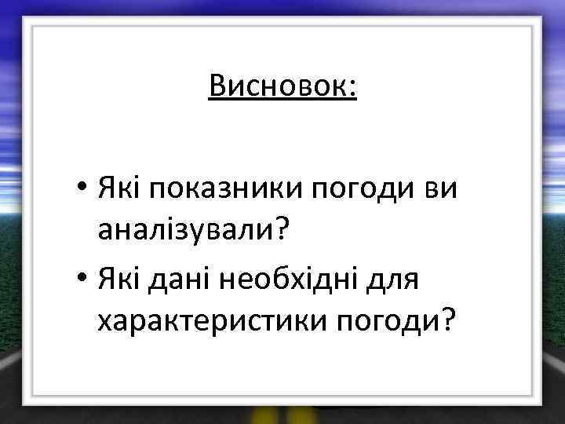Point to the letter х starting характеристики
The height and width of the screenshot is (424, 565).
[x=104, y=323]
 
